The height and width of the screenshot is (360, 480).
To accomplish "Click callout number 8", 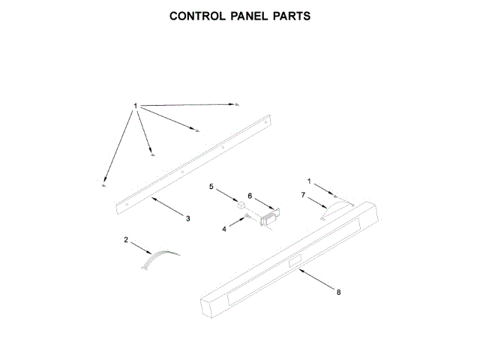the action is [x=338, y=292].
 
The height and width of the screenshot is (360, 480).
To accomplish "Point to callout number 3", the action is [x=187, y=218].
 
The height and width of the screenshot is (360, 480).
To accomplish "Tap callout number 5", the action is [x=211, y=185].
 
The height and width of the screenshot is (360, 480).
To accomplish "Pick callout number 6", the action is [x=250, y=196].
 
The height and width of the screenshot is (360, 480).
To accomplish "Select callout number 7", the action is [x=303, y=196].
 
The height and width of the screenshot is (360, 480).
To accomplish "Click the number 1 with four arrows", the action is [x=136, y=106].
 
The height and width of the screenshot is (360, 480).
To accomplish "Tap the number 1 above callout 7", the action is [x=307, y=181].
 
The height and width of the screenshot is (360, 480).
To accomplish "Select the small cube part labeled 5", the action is [x=241, y=202].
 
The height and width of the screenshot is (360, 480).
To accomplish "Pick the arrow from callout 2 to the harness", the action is [x=142, y=247].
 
